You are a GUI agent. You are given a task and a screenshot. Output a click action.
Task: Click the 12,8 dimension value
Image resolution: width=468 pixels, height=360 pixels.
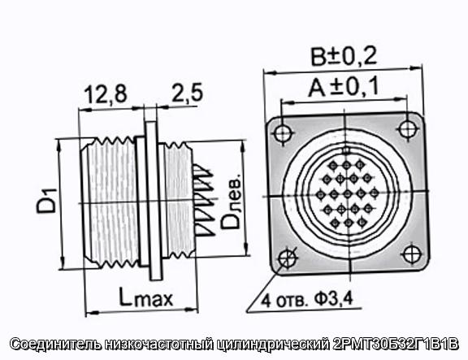pyautogui.click(x=106, y=94)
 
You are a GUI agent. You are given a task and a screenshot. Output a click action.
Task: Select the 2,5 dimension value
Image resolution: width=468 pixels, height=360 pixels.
pyautogui.click(x=187, y=92)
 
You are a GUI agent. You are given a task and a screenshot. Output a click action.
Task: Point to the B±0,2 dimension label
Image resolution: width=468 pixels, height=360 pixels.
pyautogui.click(x=344, y=56)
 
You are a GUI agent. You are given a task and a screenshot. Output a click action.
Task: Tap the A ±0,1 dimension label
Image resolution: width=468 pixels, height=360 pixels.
pyautogui.click(x=343, y=87)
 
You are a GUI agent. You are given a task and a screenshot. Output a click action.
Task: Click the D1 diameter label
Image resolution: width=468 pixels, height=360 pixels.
pyautogui.click(x=46, y=201)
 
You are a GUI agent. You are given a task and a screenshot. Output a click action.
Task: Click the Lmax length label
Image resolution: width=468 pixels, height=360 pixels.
pyautogui.click(x=146, y=297)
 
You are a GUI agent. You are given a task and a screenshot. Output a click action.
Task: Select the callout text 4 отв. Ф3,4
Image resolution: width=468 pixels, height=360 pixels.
pyautogui.click(x=307, y=300)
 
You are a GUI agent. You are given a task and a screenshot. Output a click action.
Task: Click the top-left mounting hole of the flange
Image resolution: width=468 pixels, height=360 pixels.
pyautogui.click(x=283, y=133)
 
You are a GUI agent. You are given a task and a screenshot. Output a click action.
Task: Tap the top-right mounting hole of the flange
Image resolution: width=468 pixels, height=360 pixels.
pyautogui.click(x=407, y=129)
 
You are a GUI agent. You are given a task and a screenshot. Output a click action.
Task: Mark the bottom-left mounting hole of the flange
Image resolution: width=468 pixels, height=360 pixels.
pyautogui.click(x=287, y=258)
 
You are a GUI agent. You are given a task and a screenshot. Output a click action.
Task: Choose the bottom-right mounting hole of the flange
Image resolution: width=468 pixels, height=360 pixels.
pyautogui.click(x=412, y=254)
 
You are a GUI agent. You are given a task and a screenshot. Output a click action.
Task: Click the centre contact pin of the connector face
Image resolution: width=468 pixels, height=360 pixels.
pyautogui.click(x=347, y=194)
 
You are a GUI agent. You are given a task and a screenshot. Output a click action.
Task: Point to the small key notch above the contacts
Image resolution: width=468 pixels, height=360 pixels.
pyautogui.click(x=346, y=151)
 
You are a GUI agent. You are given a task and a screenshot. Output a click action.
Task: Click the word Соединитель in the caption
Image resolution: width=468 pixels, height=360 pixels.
pyautogui.click(x=56, y=345)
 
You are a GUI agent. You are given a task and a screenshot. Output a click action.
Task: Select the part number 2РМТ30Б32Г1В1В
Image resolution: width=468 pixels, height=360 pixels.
pyautogui.click(x=395, y=344)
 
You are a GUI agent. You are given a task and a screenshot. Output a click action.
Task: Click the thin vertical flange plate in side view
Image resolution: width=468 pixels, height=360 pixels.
pyautogui.click(x=154, y=201)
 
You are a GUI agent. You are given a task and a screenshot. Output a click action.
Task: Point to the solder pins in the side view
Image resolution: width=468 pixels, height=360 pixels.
pyautogui.click(x=204, y=199)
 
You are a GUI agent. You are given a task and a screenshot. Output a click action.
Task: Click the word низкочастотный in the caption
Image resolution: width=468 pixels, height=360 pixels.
pyautogui.click(x=159, y=345)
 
